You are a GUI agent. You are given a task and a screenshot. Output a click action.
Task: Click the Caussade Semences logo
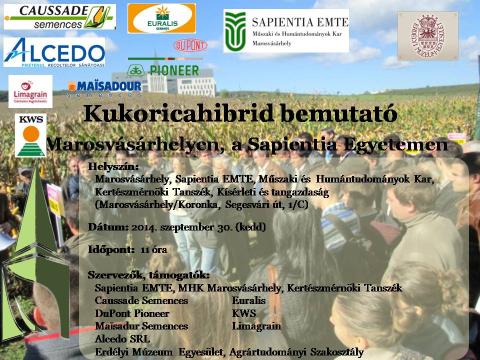(x=59, y=16)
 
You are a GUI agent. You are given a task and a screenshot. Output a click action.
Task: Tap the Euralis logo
(x=161, y=18)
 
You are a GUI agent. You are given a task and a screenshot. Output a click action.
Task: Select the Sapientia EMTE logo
(x=286, y=31)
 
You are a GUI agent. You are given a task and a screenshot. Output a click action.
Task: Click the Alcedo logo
(x=54, y=51)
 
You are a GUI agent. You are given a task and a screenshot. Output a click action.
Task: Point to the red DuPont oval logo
(x=190, y=45)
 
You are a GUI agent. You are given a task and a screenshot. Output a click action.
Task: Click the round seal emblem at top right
(x=428, y=35)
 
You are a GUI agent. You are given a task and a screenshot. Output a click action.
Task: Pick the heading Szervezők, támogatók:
(x=147, y=274)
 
